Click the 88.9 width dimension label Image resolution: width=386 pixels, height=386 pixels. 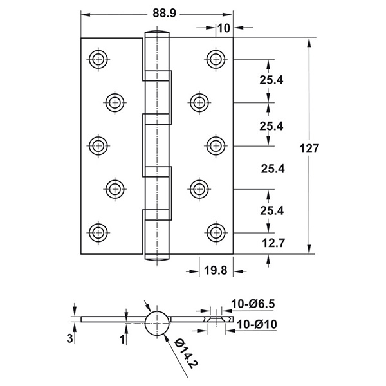tap(165, 13)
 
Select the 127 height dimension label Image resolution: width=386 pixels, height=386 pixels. tap(309, 149)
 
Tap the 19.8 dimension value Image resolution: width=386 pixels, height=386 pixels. tap(216, 271)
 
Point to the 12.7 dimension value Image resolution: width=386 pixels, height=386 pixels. tap(273, 243)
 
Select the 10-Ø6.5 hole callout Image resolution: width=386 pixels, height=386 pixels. tap(253, 304)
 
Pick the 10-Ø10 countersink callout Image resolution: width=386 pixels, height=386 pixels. tap(257, 324)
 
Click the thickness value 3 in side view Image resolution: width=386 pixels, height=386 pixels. tap(70, 338)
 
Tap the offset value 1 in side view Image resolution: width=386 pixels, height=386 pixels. tap(122, 340)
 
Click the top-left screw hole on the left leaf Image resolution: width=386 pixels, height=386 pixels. tap(98, 59)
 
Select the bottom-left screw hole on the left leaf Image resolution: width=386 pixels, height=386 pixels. tap(98, 232)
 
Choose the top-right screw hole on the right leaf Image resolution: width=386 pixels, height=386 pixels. tap(216, 59)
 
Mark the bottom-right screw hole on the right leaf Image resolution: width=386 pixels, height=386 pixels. tap(216, 232)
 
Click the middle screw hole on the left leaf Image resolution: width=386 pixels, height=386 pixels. tap(98, 146)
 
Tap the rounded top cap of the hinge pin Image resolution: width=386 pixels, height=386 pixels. tap(157, 33)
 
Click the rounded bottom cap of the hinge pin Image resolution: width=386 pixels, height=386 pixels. tap(157, 257)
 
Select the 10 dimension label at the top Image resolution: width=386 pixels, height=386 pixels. tap(224, 28)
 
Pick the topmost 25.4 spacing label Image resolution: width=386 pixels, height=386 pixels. tap(271, 80)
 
